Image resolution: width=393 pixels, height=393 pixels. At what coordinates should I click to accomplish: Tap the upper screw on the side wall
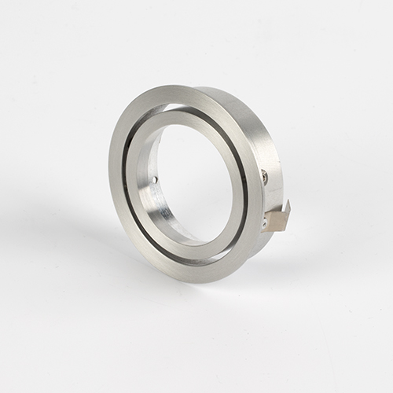pyautogui.click(x=265, y=177)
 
